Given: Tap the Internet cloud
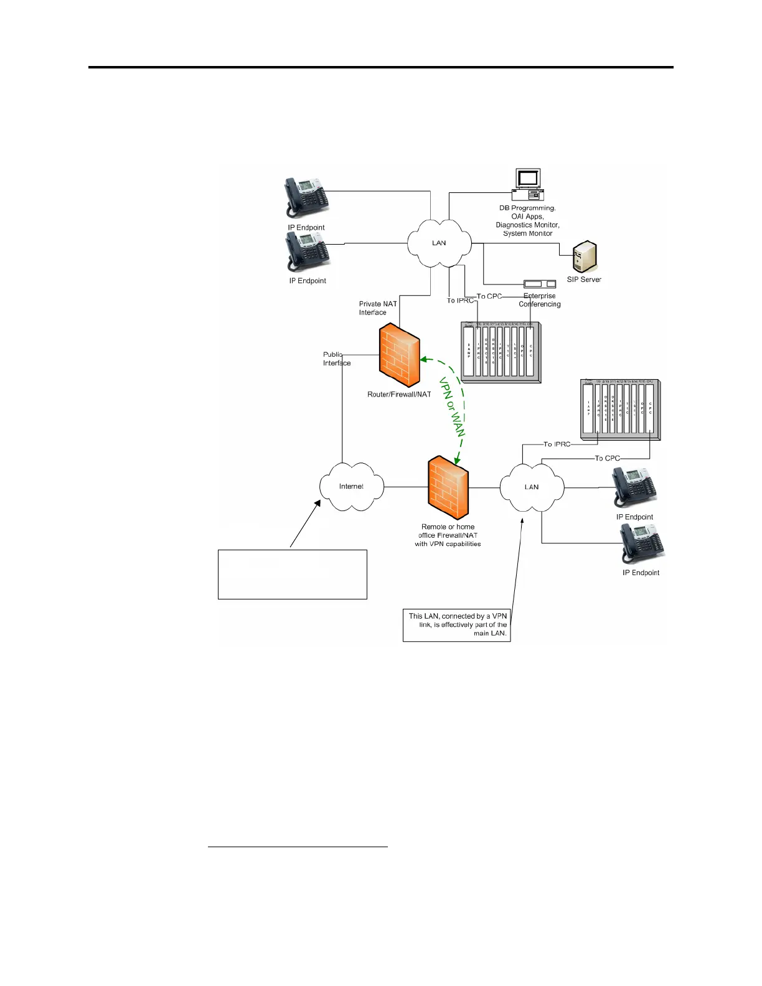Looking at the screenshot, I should coord(351,487).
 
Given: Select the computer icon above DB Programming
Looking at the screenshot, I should coord(528,185).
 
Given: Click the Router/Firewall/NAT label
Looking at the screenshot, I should coord(399,395).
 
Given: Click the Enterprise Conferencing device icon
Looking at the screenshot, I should coord(539,284).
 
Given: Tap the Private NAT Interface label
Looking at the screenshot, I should coord(377,308).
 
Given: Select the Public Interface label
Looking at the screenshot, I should coord(336,359).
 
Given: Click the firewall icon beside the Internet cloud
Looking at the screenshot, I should coord(448,488).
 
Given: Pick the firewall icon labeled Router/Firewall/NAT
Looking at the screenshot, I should coord(399,355).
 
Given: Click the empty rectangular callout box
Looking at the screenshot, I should coord(292,574).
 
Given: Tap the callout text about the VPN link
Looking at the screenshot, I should coord(458,624).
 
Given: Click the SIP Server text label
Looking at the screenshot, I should coord(583,280).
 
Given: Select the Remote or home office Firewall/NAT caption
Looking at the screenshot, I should coord(448,535).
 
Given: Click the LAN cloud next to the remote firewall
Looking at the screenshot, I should coord(532,487).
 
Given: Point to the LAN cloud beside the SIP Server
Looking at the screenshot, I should coord(439,243).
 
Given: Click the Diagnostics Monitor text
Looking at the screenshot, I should coord(527,225).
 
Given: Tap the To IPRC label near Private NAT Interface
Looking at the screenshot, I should coord(460,301).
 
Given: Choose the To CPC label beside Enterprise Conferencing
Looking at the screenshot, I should coord(489,296).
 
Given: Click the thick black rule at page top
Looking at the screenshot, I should coord(380,67).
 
